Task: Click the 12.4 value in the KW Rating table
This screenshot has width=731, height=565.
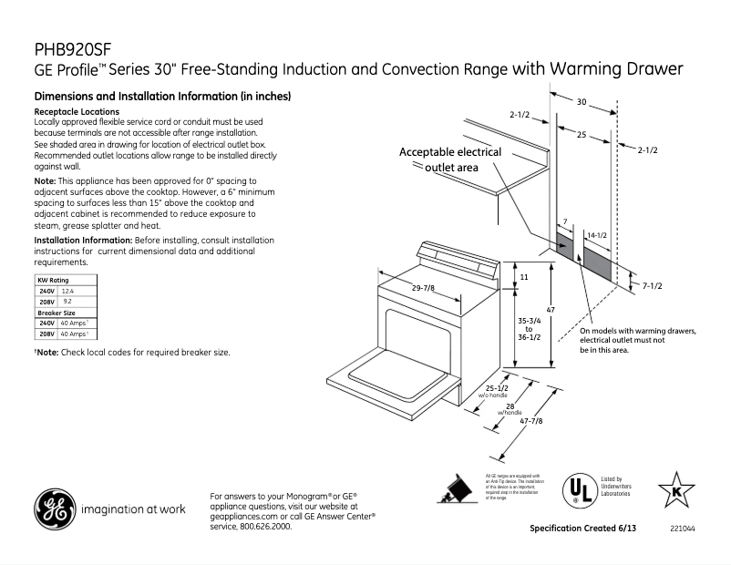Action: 67,290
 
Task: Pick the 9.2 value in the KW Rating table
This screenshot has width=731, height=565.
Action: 67,301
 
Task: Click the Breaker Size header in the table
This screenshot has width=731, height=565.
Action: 56,312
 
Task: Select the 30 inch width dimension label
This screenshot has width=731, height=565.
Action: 582,102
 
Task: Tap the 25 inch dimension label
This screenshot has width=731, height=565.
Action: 582,134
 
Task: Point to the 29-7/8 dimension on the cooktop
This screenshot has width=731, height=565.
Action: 422,288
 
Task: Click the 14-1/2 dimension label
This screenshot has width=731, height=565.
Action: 597,235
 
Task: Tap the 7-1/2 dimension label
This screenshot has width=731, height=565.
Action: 653,285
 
